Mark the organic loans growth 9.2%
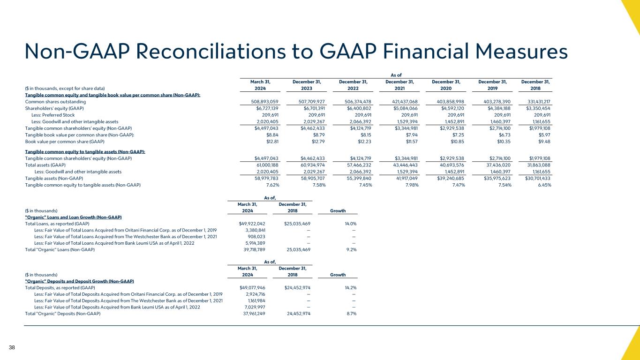tap(351, 250)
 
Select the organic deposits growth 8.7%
tap(351, 314)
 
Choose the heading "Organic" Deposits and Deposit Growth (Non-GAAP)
tap(79, 281)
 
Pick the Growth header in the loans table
tap(338, 210)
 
